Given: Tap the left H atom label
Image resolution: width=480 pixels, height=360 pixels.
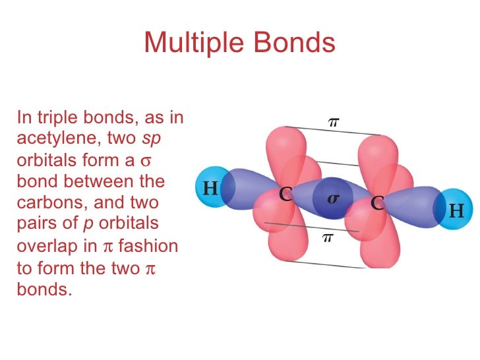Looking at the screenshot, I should [210, 189].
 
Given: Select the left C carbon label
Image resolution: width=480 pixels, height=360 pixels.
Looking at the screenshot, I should [285, 195].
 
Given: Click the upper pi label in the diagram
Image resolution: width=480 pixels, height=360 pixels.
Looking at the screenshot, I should [334, 121].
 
